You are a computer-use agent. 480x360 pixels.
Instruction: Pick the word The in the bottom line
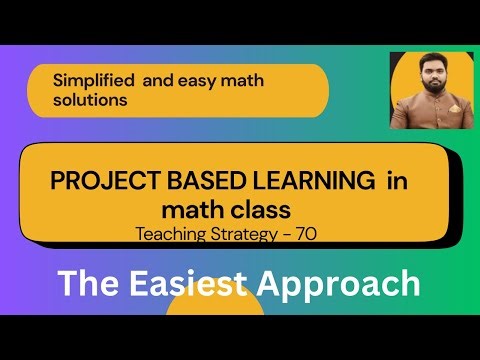pos(87,284)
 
